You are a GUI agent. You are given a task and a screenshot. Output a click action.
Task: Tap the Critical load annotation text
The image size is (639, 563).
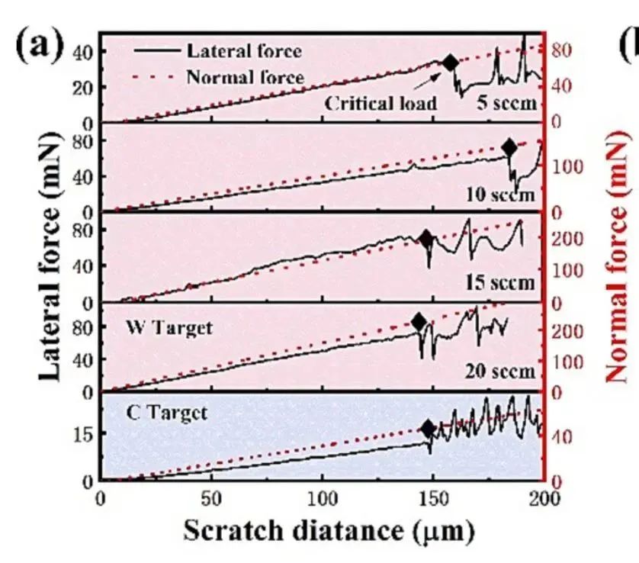tap(381, 103)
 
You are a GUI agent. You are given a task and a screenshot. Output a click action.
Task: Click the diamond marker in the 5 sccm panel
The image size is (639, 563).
tap(450, 63)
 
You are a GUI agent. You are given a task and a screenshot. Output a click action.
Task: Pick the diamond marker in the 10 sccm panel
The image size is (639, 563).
tap(509, 147)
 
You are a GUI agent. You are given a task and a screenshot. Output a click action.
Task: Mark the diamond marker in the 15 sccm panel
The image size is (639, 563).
tap(426, 239)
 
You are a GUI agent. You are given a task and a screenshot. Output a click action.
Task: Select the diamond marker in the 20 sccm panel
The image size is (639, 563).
tap(418, 322)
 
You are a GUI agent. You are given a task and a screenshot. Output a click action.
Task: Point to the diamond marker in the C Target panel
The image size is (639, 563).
tap(429, 428)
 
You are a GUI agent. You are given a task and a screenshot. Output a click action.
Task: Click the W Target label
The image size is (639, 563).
tap(170, 328)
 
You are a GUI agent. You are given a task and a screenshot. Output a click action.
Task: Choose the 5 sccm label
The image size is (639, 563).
tap(506, 103)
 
